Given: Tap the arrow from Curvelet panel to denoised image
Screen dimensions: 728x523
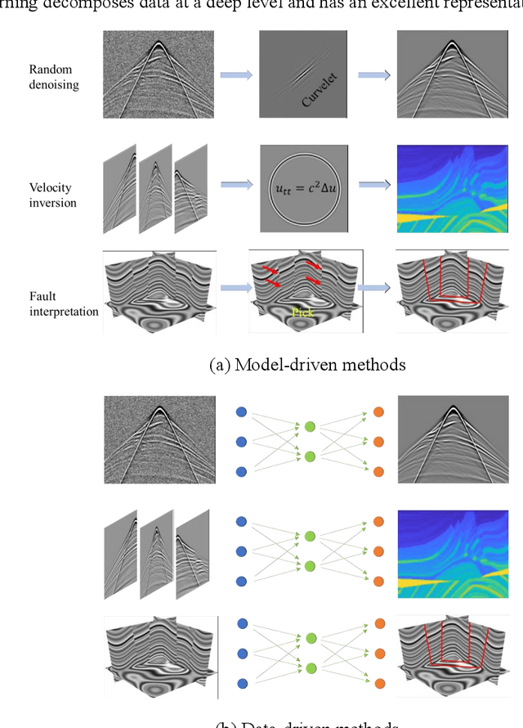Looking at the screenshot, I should (374, 74).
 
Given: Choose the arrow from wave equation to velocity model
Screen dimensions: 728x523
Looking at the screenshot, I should (374, 185).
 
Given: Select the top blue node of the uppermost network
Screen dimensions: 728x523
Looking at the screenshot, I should (240, 412).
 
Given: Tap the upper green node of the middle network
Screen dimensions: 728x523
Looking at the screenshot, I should (310, 535).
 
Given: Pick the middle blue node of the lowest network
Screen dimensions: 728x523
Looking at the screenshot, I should (240, 654).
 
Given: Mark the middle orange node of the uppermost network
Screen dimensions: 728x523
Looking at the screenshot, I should (378, 442).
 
